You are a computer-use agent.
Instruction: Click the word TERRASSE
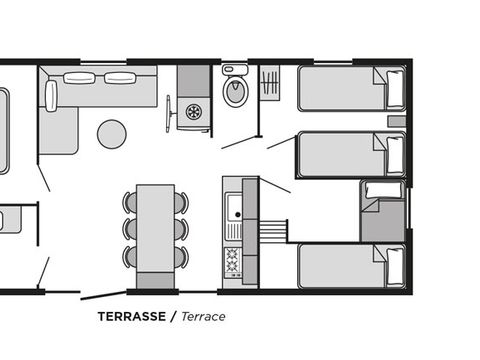pyautogui.click(x=132, y=316)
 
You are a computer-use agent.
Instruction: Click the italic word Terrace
pyautogui.click(x=203, y=316)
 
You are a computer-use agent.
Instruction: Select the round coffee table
pyautogui.click(x=112, y=134)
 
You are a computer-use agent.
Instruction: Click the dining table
pyautogui.click(x=156, y=228)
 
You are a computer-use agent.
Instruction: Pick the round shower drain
pyautogui.click(x=193, y=112)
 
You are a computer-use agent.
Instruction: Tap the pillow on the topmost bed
pyautogui.click(x=395, y=89)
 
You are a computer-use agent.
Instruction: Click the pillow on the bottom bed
pyautogui.click(x=395, y=267)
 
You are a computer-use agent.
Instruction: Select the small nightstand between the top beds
pyautogui.click(x=396, y=121)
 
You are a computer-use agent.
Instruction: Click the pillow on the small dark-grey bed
pyautogui.click(x=383, y=190)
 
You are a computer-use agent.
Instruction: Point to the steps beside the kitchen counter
pyautogui.click(x=273, y=231)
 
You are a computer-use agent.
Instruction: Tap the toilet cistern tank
pyautogui.click(x=235, y=70)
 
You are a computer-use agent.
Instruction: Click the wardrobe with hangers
pyautogui.click(x=269, y=83)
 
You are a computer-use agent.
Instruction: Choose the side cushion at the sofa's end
pyautogui.click(x=51, y=96)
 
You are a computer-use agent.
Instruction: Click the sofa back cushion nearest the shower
pyautogui.click(x=120, y=78)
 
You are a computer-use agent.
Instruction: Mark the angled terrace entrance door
pyautogui.click(x=104, y=295)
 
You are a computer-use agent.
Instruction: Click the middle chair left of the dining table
pyautogui.click(x=130, y=229)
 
